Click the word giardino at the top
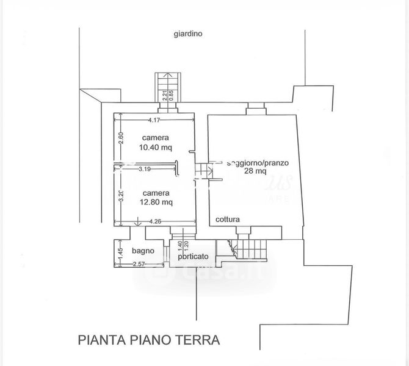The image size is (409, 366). (x=187, y=34)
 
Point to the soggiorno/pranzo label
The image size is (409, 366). (x=256, y=163)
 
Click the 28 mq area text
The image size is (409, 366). (x=255, y=172)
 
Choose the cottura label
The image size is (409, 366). (x=227, y=220)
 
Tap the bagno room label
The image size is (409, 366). (x=143, y=251)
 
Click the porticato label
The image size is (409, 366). (x=194, y=257)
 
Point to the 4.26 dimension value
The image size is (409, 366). (x=155, y=221)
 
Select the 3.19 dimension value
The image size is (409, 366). (x=145, y=169)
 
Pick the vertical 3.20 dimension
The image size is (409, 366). (x=121, y=196)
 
